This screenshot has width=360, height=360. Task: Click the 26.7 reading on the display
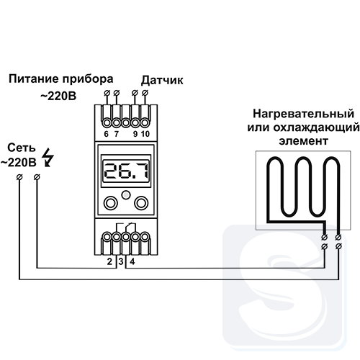126,171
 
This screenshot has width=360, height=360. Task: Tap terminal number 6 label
107,134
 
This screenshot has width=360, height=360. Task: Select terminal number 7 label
117,134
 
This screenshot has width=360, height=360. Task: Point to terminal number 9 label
135,134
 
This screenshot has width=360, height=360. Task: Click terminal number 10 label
145,134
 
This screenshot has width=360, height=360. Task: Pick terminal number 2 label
109,261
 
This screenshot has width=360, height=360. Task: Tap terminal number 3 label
121,261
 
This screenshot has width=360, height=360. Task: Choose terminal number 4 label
132,261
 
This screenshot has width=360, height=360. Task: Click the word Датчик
162,81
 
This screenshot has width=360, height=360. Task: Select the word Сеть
22,148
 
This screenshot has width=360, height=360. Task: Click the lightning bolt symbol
48,158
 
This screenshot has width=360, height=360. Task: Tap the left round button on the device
111,203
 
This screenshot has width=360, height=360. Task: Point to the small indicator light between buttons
126,195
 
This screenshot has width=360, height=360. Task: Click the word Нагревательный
303,114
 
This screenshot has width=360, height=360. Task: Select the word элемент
303,141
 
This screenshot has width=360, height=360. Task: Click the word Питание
33,79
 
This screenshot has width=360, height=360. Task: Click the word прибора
88,80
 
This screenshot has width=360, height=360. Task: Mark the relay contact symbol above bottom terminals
126,228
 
